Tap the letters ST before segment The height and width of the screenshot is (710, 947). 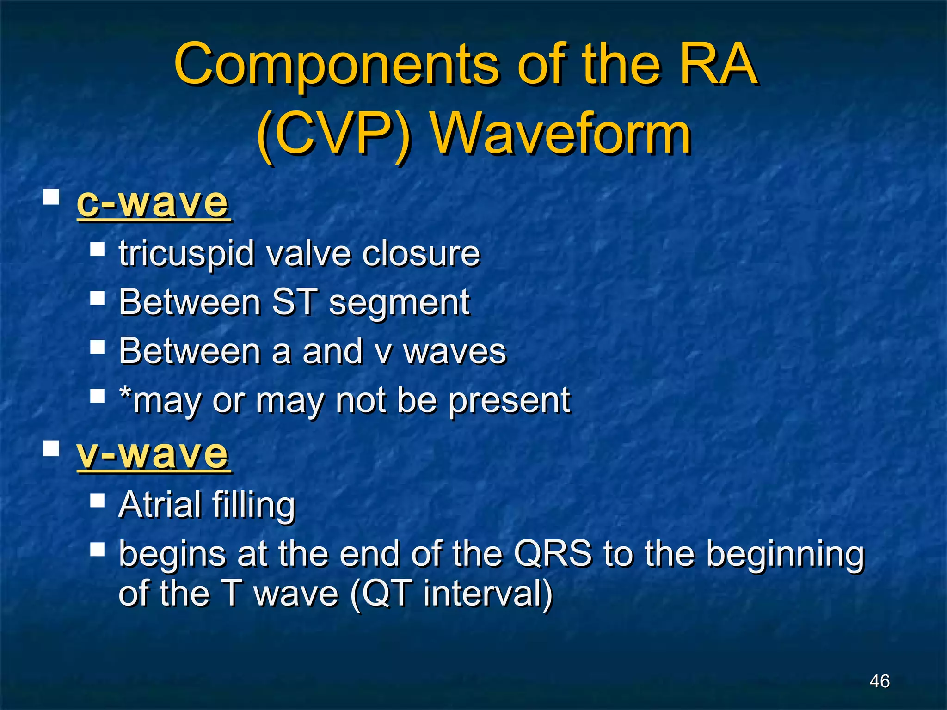click(295, 302)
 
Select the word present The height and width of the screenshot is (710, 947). click(510, 401)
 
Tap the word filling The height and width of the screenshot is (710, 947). click(254, 505)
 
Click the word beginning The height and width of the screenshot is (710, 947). click(785, 555)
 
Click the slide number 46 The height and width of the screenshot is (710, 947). click(879, 681)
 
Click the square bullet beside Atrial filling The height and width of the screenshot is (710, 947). click(98, 500)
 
